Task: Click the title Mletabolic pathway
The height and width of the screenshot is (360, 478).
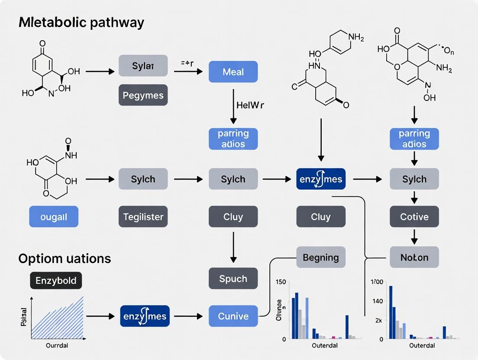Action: pyautogui.click(x=81, y=23)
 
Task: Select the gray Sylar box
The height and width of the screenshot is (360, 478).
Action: pyautogui.click(x=143, y=66)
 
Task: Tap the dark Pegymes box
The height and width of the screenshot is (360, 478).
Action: pyautogui.click(x=143, y=95)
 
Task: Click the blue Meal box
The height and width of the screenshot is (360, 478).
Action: pyautogui.click(x=233, y=72)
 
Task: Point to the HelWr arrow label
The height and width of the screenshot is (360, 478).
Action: pyautogui.click(x=250, y=105)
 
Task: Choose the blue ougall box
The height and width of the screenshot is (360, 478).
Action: pyautogui.click(x=54, y=217)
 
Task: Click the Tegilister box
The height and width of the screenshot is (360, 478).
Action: pyautogui.click(x=143, y=217)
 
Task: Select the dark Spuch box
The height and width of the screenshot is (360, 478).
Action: pyautogui.click(x=233, y=279)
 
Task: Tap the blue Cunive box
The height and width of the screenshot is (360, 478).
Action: pyautogui.click(x=233, y=316)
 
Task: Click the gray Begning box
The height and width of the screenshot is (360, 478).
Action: pyautogui.click(x=321, y=257)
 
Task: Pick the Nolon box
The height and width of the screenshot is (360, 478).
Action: pyautogui.click(x=414, y=257)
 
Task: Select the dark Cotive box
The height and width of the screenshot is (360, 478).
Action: pyautogui.click(x=414, y=217)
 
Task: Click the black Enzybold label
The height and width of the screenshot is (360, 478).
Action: pyautogui.click(x=56, y=281)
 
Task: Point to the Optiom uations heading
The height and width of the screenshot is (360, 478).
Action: pyautogui.click(x=65, y=259)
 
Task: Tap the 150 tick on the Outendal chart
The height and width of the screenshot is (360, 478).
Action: pyautogui.click(x=281, y=282)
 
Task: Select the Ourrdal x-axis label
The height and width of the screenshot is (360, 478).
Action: pyautogui.click(x=57, y=346)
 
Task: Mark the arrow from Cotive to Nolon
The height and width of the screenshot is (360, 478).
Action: pyautogui.click(x=414, y=236)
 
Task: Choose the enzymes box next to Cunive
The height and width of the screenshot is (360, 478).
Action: pyautogui.click(x=145, y=316)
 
